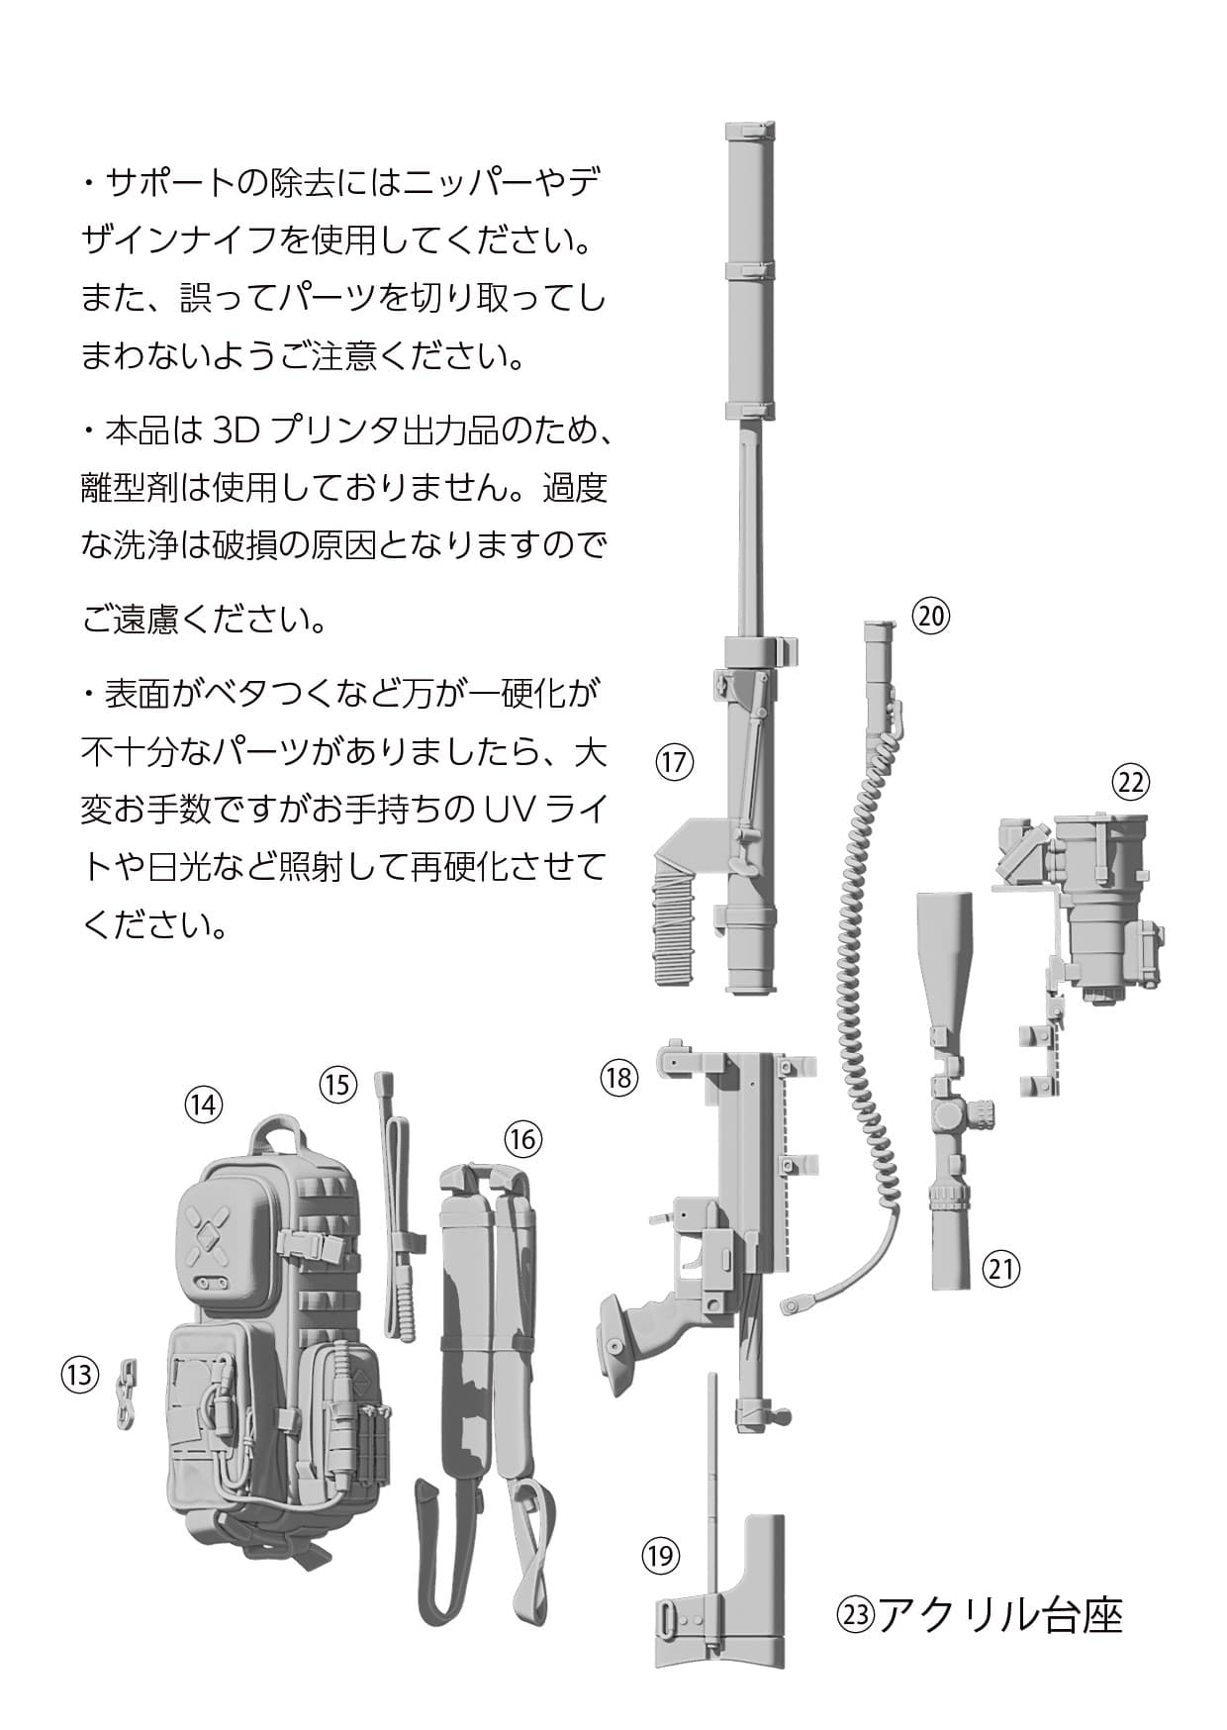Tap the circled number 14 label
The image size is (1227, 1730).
(x=203, y=1104)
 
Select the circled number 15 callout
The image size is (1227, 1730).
(x=337, y=1084)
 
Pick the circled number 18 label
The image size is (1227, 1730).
(x=619, y=1077)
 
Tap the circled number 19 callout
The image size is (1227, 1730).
(x=660, y=1557)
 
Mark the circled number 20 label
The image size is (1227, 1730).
(x=930, y=616)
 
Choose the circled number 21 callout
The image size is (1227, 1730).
(x=1000, y=1268)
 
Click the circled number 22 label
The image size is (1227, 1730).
(x=1130, y=782)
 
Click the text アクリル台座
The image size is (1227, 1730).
(x=999, y=1615)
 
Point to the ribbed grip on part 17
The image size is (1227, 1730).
(x=673, y=915)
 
